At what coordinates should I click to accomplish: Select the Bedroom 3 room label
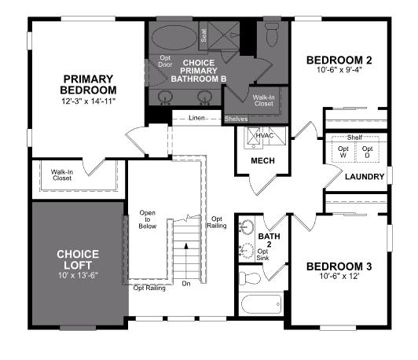[339, 266]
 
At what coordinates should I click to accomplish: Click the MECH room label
[262, 161]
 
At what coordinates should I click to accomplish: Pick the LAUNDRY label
[365, 176]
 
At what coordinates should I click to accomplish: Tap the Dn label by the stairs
[185, 284]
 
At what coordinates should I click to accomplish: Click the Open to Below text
[148, 219]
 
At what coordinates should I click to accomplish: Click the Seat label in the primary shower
[203, 35]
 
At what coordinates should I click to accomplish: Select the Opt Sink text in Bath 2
[264, 255]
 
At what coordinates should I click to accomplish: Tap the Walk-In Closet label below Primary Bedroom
[62, 174]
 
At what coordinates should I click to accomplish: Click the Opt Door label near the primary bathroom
[164, 61]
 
